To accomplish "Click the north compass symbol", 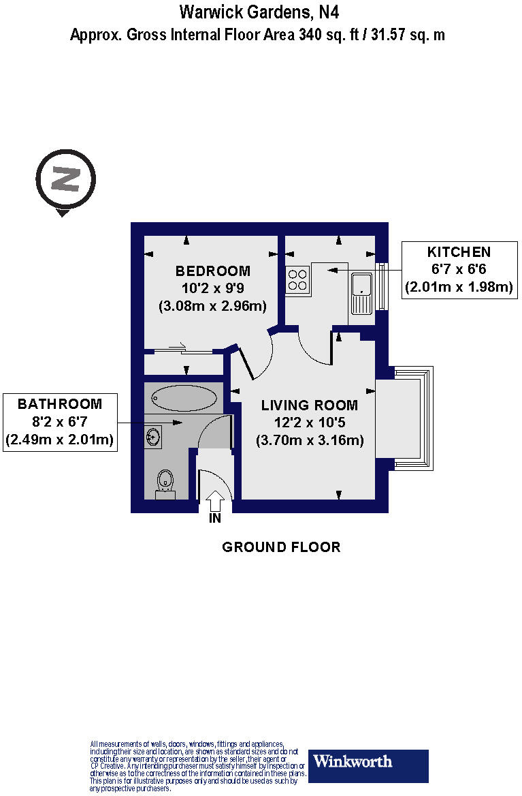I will [66, 181].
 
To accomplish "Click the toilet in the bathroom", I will [165, 482].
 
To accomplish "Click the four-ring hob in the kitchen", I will [297, 279].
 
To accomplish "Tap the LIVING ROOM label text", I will [310, 405].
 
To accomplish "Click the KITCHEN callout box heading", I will [459, 252].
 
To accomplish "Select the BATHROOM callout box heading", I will [60, 404].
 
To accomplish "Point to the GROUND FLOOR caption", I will [281, 547].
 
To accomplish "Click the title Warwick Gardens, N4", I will [259, 12].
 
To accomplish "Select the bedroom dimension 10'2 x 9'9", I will [212, 289].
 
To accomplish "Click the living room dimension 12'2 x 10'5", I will [310, 423].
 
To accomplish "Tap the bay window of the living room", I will [406, 418].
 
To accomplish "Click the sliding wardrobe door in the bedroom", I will [184, 351].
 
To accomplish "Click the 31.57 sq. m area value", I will [407, 35].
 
